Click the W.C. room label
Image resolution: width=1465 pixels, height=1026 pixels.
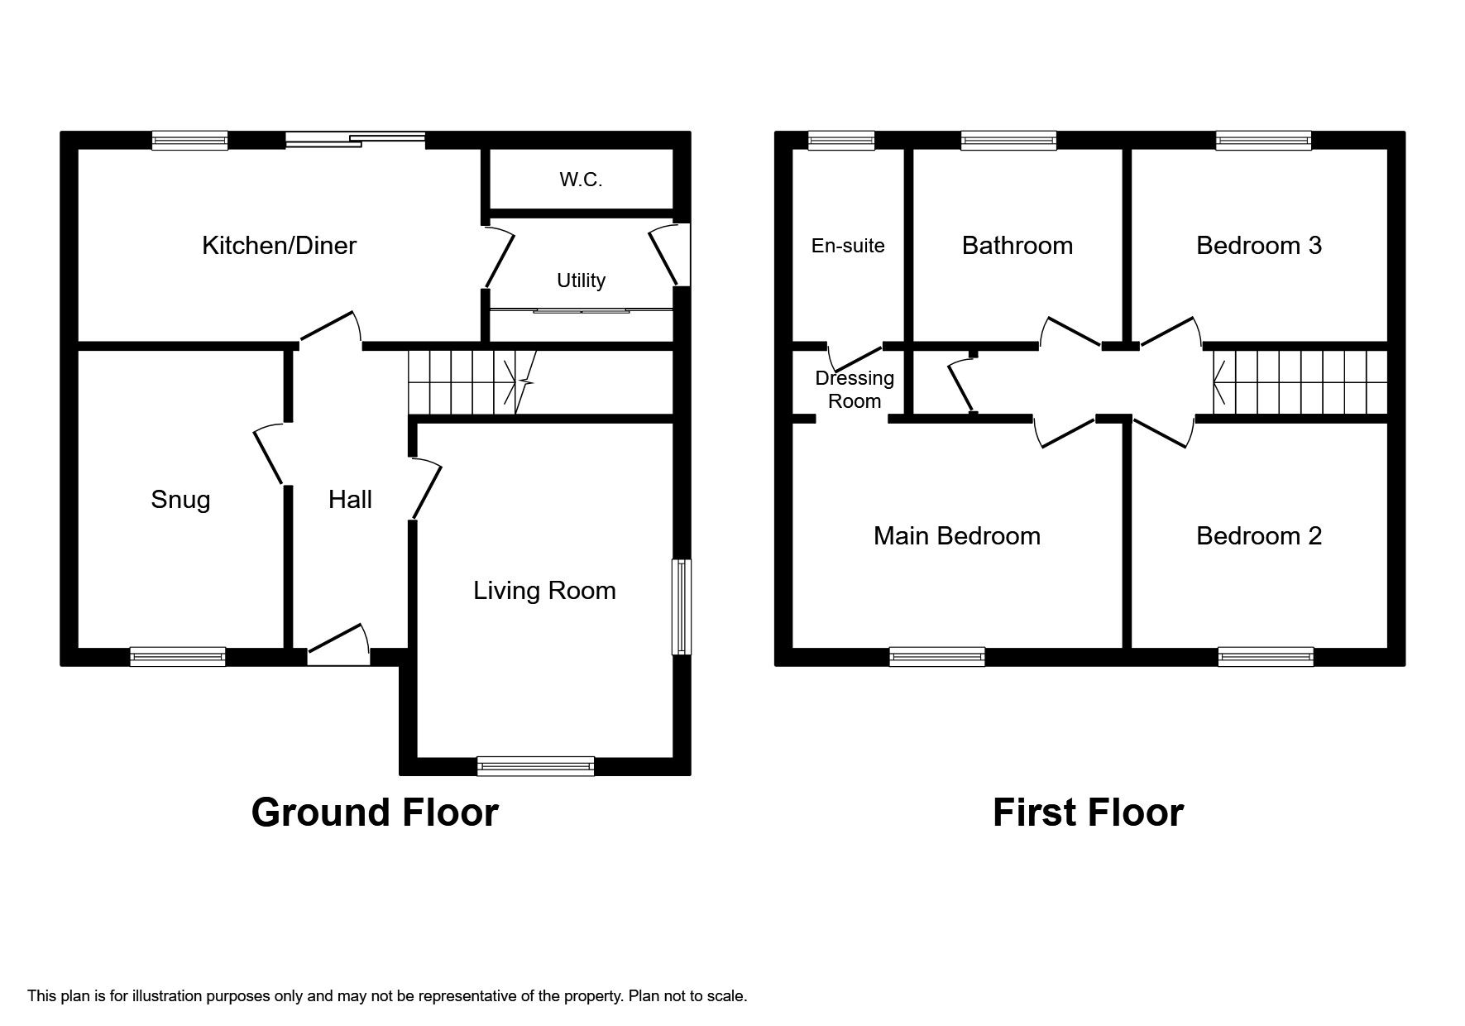[581, 180]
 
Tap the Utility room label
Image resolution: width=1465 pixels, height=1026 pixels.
[581, 280]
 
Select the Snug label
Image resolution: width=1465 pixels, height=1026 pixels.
[180, 500]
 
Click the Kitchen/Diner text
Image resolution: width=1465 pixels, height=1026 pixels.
[279, 245]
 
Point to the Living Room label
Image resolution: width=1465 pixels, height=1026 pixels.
[544, 591]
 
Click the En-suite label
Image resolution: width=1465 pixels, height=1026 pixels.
[848, 246]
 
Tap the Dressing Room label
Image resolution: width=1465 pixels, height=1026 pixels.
[855, 390]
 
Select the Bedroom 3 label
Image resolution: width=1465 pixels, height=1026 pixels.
[1258, 246]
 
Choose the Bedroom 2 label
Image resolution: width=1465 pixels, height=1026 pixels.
[1258, 536]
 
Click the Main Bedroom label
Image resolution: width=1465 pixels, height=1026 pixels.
[956, 536]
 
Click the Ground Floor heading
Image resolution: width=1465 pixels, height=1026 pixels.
[374, 813]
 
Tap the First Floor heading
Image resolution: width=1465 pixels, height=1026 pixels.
[1087, 813]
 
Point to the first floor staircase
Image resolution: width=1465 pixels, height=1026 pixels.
[1299, 382]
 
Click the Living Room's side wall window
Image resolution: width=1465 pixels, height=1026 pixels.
[681, 607]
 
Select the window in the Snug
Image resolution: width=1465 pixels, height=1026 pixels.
[177, 657]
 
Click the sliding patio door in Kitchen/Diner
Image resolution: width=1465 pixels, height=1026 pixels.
[356, 140]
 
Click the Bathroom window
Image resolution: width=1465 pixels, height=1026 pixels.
[1008, 141]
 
